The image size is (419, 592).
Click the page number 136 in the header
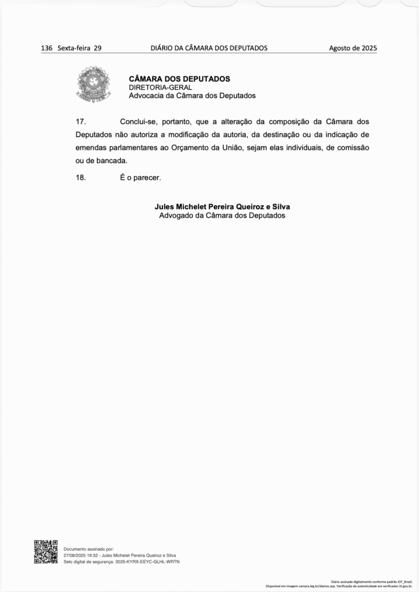point(47,48)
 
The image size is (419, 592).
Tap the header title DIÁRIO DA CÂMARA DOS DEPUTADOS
point(209,48)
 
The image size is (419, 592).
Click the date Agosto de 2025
point(353,48)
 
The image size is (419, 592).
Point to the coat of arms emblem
point(93,84)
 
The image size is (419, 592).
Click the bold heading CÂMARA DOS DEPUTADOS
point(179,79)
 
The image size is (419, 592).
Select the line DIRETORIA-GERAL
point(160,87)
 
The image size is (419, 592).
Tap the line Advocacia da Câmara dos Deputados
point(192,95)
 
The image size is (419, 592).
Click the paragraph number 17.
point(81,121)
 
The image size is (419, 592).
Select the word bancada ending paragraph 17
point(112,160)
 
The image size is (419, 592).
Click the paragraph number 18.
point(81,177)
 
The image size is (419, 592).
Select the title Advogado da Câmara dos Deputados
point(222,215)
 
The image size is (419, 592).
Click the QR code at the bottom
point(46,552)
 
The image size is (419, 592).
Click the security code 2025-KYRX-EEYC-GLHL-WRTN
point(147,561)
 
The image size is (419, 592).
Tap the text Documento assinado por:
point(88,549)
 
